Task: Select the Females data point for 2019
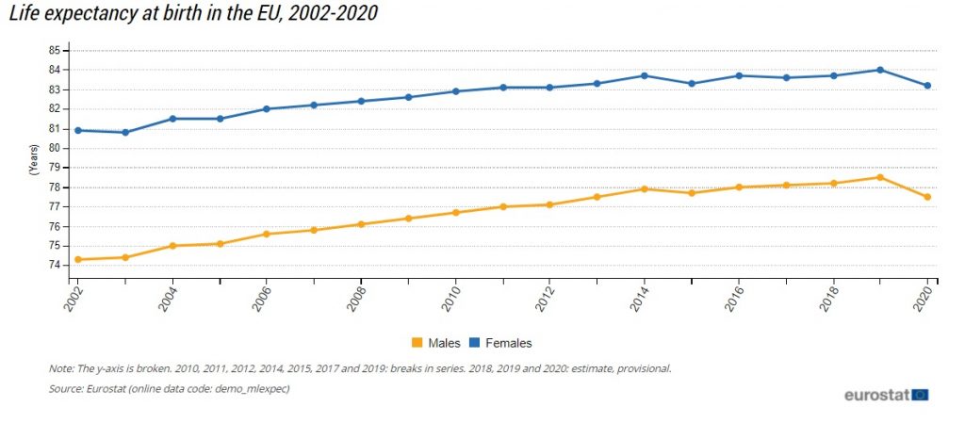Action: (880, 70)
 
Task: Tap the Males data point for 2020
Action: (927, 197)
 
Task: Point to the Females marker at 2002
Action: (77, 130)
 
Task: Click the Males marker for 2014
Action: (644, 189)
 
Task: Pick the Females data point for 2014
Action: (644, 75)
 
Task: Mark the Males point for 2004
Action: (172, 246)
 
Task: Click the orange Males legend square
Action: (416, 343)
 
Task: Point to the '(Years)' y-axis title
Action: (32, 158)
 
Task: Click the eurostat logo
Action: (886, 395)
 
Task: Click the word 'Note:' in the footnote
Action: (61, 368)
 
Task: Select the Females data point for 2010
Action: (455, 91)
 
